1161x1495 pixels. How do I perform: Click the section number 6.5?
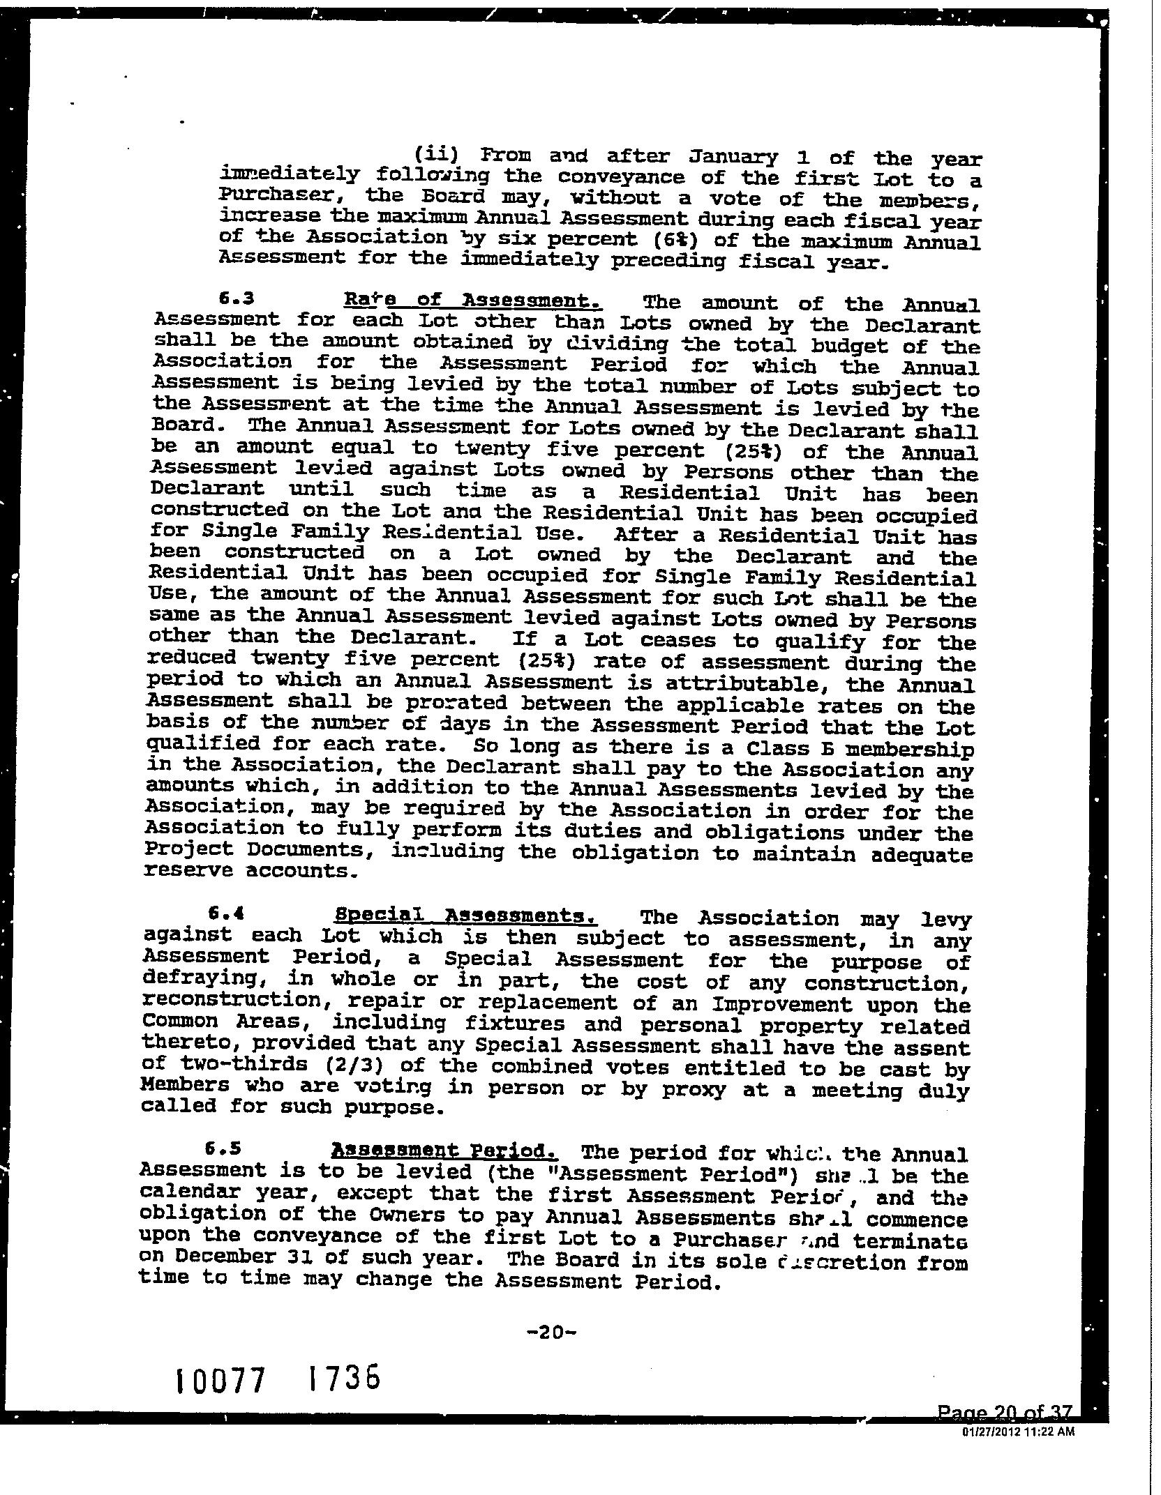coord(223,1146)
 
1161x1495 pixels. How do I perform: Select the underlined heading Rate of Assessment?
coord(473,301)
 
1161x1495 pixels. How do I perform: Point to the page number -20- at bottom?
coord(550,1333)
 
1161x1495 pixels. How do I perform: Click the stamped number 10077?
coord(222,1380)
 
